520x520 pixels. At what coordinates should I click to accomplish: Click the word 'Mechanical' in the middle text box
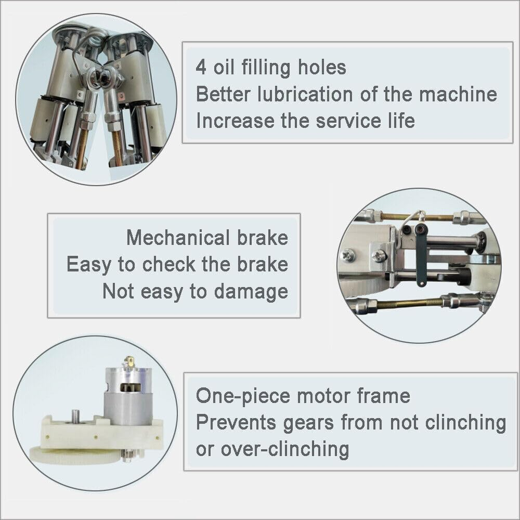(177, 238)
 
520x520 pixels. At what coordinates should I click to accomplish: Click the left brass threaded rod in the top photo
(82, 146)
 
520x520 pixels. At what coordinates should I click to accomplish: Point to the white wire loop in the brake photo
(416, 215)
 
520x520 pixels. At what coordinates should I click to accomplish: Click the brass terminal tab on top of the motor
(129, 363)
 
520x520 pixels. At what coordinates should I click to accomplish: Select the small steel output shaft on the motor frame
(76, 417)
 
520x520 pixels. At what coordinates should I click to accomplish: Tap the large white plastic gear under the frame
(68, 458)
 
